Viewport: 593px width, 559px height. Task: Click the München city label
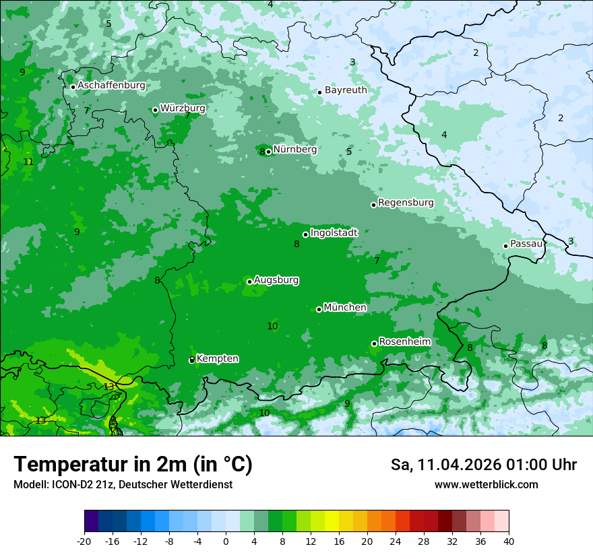(x=345, y=308)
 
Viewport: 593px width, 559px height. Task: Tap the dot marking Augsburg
(x=249, y=282)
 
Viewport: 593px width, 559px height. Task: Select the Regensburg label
(x=406, y=203)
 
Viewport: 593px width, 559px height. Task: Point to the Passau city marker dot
(x=505, y=246)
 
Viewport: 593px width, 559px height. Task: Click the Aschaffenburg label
(x=111, y=86)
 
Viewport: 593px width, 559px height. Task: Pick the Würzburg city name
(x=183, y=108)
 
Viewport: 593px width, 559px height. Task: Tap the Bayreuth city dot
(x=319, y=92)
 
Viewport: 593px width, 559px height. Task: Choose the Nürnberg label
(x=294, y=150)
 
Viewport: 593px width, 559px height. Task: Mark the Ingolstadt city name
(x=334, y=233)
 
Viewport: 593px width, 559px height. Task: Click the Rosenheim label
(x=404, y=342)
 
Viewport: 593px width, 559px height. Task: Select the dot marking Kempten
(x=191, y=360)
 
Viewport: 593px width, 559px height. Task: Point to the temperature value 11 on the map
(x=28, y=162)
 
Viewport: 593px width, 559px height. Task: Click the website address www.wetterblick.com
(x=486, y=485)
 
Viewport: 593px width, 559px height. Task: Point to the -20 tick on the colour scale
(x=84, y=541)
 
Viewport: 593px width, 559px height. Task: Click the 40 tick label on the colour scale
(x=508, y=541)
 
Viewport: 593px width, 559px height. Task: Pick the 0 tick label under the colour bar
(x=226, y=541)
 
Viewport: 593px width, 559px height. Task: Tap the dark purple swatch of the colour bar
(x=92, y=521)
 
